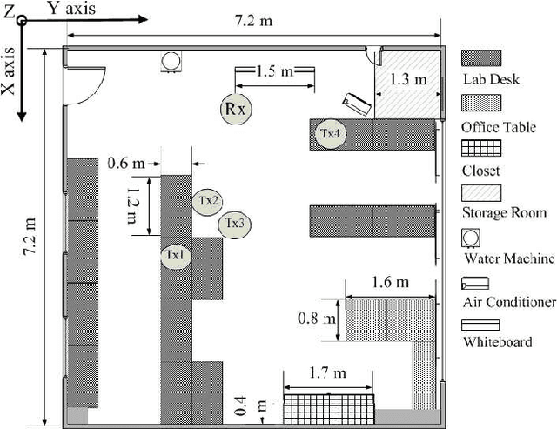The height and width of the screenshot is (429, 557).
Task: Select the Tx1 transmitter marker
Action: [175, 256]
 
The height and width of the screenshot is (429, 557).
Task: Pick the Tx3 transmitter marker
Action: [234, 224]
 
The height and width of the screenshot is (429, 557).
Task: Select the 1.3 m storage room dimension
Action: [408, 78]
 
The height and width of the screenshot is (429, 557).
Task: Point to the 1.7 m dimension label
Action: [326, 373]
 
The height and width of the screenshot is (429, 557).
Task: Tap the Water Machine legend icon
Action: [471, 237]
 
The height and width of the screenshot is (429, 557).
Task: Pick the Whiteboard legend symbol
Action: [480, 324]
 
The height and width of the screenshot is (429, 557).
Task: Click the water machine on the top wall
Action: [171, 61]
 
